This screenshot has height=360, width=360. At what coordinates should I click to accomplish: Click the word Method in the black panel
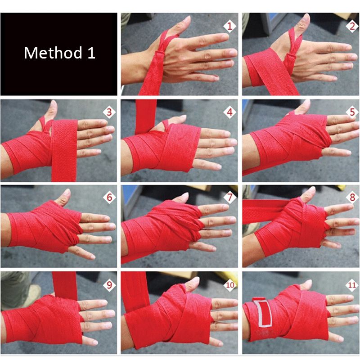pyautogui.click(x=53, y=53)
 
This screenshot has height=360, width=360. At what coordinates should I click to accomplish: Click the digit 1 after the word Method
pyautogui.click(x=91, y=53)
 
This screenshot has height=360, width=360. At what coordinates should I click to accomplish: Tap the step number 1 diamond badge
pyautogui.click(x=230, y=26)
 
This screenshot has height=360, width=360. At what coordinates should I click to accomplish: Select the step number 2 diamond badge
pyautogui.click(x=352, y=26)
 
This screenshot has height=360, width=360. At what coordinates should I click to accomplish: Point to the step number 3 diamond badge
pyautogui.click(x=109, y=112)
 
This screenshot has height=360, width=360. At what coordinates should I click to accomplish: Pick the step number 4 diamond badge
pyautogui.click(x=230, y=112)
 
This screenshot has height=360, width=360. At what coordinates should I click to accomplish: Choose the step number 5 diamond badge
pyautogui.click(x=352, y=112)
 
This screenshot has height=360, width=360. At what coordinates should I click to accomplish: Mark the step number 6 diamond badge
pyautogui.click(x=109, y=197)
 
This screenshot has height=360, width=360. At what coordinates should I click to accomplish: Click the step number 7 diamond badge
pyautogui.click(x=230, y=197)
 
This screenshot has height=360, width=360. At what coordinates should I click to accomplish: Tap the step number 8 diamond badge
pyautogui.click(x=352, y=197)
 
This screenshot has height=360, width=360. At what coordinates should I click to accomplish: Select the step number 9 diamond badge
pyautogui.click(x=109, y=285)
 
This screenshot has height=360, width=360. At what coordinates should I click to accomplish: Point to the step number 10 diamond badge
pyautogui.click(x=230, y=285)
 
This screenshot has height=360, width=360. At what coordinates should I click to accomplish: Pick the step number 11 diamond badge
pyautogui.click(x=352, y=285)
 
